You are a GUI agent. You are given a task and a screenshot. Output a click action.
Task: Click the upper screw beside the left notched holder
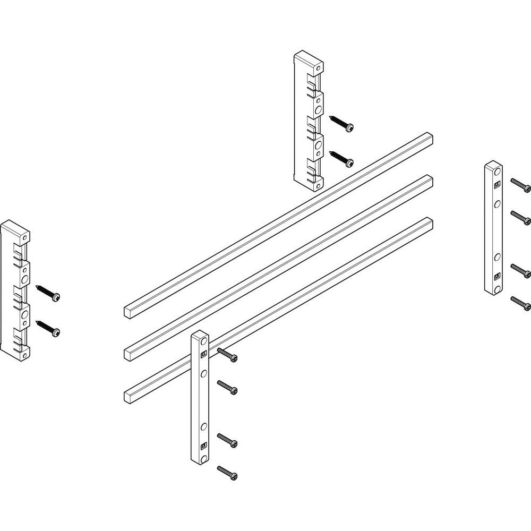coord(48,292)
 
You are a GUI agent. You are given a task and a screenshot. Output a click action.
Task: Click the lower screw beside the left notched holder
coord(48,328)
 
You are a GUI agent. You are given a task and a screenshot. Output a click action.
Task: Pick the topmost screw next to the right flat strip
coord(520,185)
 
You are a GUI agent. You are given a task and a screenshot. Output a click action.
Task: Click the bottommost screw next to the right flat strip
coord(520,303)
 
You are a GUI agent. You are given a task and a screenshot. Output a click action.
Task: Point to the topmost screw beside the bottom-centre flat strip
coord(227,354)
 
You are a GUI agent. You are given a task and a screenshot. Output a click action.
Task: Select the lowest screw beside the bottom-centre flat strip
coord(227,472)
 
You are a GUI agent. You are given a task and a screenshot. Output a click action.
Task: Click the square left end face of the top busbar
coord(129,310)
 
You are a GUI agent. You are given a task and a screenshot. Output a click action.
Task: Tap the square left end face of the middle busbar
coord(129,353)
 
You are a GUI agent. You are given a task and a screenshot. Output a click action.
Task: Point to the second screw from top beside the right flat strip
coord(520,217)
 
